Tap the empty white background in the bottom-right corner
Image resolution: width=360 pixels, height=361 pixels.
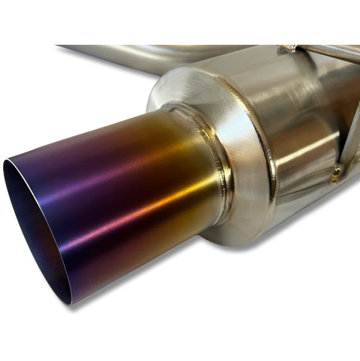pos(330,330)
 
